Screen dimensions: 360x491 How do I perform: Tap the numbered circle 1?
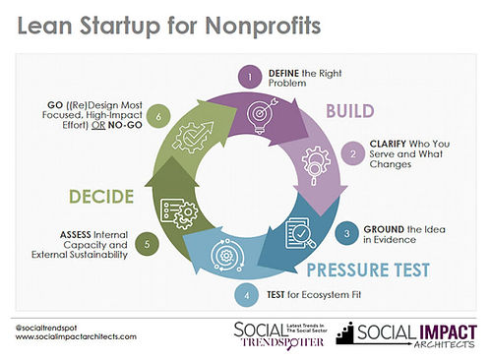[x=250, y=74]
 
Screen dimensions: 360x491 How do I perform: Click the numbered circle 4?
[x=248, y=294]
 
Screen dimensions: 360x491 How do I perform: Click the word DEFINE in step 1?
[x=284, y=74]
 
